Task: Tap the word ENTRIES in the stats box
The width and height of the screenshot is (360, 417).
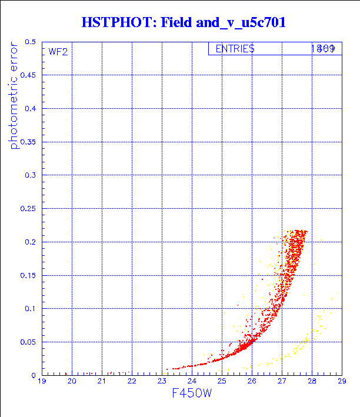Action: tap(235, 49)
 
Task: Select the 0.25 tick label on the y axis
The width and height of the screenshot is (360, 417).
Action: tap(28, 208)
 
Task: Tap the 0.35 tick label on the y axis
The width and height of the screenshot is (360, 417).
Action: tap(28, 142)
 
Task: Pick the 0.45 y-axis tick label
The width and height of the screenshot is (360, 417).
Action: tap(28, 75)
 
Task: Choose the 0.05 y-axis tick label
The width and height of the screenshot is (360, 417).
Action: tap(28, 342)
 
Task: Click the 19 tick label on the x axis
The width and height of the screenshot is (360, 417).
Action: tap(42, 382)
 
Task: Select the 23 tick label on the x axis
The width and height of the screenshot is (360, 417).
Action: tap(162, 382)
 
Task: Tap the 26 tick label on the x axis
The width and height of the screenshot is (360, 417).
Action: tap(252, 382)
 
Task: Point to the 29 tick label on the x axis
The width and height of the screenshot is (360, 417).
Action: tap(341, 382)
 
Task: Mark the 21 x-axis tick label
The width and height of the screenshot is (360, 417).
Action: tap(102, 382)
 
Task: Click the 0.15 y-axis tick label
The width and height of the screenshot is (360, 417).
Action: tap(28, 275)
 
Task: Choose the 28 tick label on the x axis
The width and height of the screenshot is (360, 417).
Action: tap(312, 382)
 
